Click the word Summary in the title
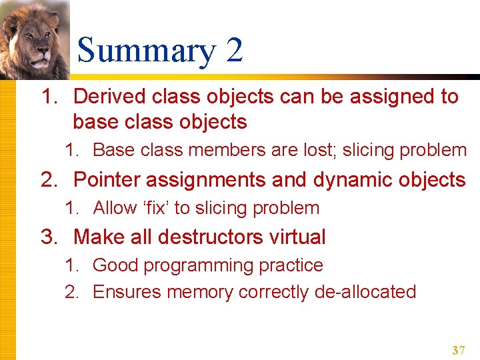[x=145, y=51]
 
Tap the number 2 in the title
[x=234, y=51]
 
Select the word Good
[x=115, y=265]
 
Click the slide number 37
[x=458, y=350]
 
